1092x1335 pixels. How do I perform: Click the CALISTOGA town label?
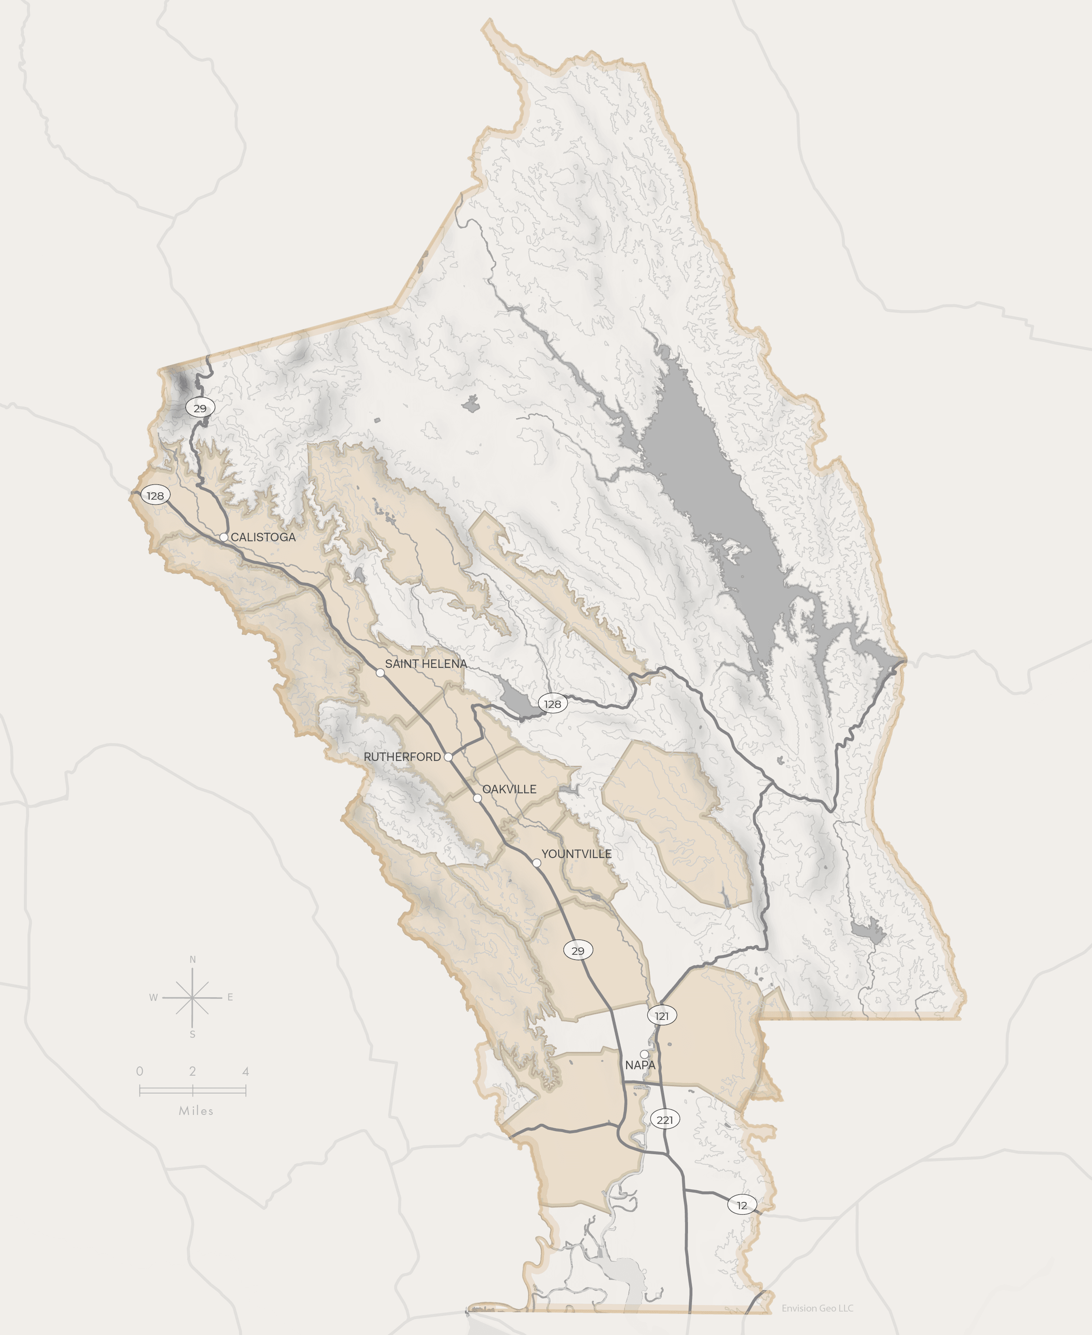[263, 537]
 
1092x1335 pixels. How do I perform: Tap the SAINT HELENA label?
[426, 664]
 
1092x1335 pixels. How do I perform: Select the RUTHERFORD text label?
[402, 757]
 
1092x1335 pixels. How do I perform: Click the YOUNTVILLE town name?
[576, 854]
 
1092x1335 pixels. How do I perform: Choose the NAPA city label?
[640, 1065]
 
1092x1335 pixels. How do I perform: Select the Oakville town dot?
[477, 798]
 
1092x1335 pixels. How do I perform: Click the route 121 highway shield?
[662, 1015]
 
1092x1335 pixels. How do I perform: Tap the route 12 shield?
[742, 1206]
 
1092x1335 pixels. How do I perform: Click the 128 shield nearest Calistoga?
[155, 496]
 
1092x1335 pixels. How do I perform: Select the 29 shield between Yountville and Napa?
[578, 951]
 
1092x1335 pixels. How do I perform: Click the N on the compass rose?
[193, 960]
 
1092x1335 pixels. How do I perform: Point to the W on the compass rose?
[153, 997]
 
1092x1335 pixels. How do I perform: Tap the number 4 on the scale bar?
[246, 1071]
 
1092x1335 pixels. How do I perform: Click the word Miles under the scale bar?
[196, 1111]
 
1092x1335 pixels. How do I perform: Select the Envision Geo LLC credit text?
[817, 1308]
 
